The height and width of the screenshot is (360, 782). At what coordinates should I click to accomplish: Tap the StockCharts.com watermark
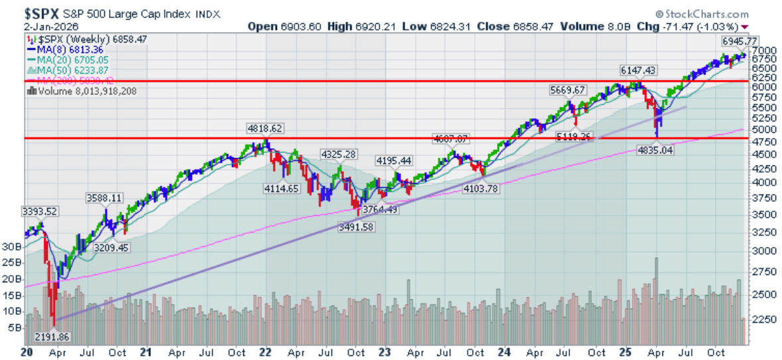point(706,13)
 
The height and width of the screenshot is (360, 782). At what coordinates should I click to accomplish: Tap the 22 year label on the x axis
point(265,351)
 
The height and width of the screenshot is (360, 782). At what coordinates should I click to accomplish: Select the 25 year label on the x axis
point(625,351)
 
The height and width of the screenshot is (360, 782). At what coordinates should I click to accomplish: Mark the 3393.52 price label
point(40,211)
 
